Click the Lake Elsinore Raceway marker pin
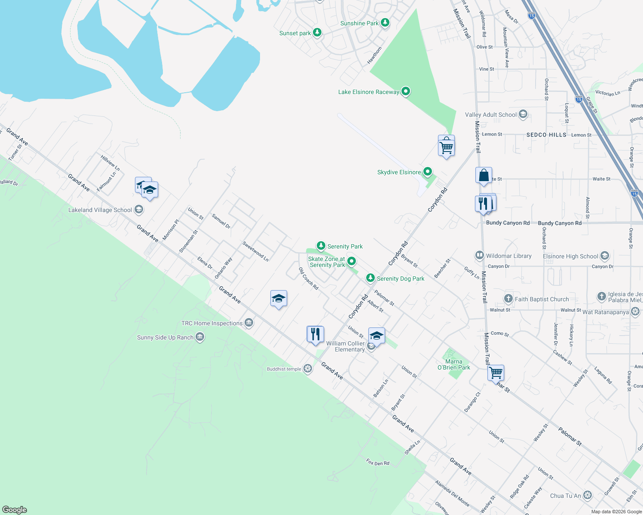pyautogui.click(x=405, y=91)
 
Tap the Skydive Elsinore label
pyautogui.click(x=399, y=172)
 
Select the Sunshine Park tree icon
pyautogui.click(x=385, y=23)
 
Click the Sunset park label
pyautogui.click(x=295, y=33)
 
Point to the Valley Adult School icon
pyautogui.click(x=523, y=115)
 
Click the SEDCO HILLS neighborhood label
pyautogui.click(x=546, y=135)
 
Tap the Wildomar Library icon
pyautogui.click(x=479, y=256)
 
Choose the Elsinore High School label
pyautogui.click(x=570, y=256)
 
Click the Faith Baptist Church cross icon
pyautogui.click(x=508, y=299)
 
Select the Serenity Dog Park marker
pyautogui.click(x=370, y=278)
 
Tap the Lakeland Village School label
pyautogui.click(x=100, y=210)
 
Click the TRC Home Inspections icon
pyautogui.click(x=249, y=323)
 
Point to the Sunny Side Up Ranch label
pyautogui.click(x=165, y=337)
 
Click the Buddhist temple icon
pyautogui.click(x=307, y=369)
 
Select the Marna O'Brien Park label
pyautogui.click(x=454, y=364)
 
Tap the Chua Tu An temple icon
pyautogui.click(x=588, y=496)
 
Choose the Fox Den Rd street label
pyautogui.click(x=378, y=462)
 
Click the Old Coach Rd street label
pyautogui.click(x=309, y=279)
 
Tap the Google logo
pyautogui.click(x=15, y=509)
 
